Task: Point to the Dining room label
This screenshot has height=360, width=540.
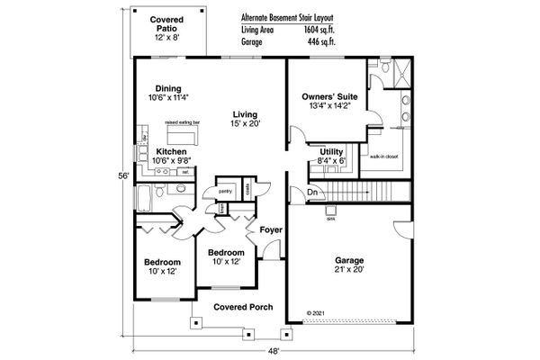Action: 171,88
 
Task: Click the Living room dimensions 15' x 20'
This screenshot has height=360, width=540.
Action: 245,123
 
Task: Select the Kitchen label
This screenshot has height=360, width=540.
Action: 171,151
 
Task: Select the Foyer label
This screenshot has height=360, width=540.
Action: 271,230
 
